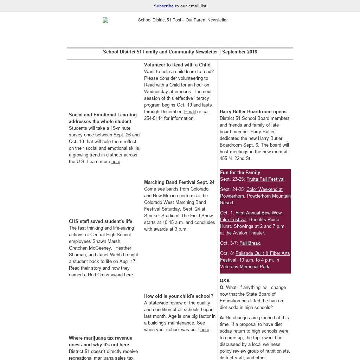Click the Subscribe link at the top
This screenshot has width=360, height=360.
(163, 6)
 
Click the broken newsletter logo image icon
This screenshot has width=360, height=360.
(105, 20)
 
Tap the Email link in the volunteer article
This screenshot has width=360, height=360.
(190, 112)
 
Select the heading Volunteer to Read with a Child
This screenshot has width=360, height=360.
(177, 65)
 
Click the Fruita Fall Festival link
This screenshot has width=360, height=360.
(265, 179)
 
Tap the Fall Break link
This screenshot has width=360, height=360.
(250, 243)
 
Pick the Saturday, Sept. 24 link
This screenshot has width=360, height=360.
(181, 209)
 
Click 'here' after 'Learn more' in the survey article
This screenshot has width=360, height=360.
(116, 162)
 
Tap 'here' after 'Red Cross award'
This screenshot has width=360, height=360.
(128, 275)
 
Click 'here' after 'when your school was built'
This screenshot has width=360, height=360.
(205, 330)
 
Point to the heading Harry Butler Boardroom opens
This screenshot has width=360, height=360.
(253, 112)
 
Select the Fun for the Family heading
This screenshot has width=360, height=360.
(240, 173)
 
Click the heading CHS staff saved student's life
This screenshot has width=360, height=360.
(101, 221)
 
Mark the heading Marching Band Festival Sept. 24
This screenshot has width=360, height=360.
(179, 182)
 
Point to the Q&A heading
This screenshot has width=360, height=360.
(225, 281)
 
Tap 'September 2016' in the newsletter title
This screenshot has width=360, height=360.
(239, 52)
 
